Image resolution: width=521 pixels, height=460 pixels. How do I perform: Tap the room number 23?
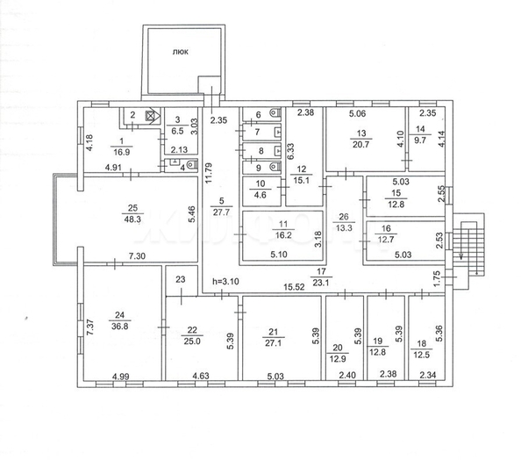pos(182,280)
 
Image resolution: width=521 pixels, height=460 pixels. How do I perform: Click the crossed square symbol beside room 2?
pos(149,114)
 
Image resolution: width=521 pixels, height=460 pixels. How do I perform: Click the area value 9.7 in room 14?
pos(419,140)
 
